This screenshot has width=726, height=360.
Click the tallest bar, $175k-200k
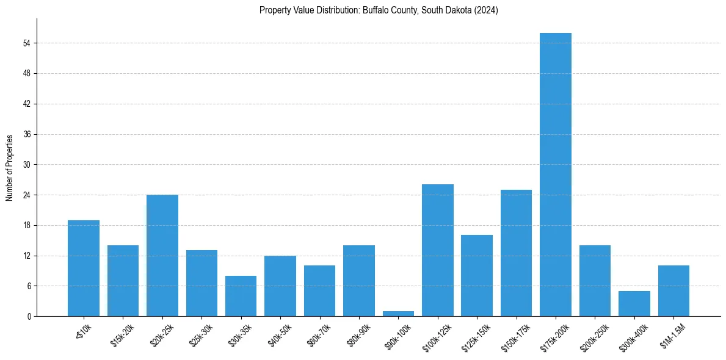click(556, 175)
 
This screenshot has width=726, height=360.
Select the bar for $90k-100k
click(398, 314)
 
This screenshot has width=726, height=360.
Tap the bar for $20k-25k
click(162, 255)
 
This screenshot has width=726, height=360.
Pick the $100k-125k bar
click(438, 250)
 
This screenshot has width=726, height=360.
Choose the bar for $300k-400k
click(634, 304)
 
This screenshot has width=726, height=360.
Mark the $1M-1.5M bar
click(673, 291)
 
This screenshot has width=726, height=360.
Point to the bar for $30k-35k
click(241, 296)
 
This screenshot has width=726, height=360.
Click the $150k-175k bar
click(516, 253)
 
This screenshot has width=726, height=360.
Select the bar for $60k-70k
click(319, 291)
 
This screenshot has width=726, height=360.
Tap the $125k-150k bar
click(477, 276)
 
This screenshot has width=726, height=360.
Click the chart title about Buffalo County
click(379, 10)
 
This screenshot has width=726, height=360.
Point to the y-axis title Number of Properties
click(10, 167)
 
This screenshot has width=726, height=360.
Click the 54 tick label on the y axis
click(26, 43)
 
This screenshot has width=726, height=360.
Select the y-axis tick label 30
click(26, 165)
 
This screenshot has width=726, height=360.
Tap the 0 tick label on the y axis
click(28, 317)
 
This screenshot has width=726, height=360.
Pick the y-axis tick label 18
click(26, 225)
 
